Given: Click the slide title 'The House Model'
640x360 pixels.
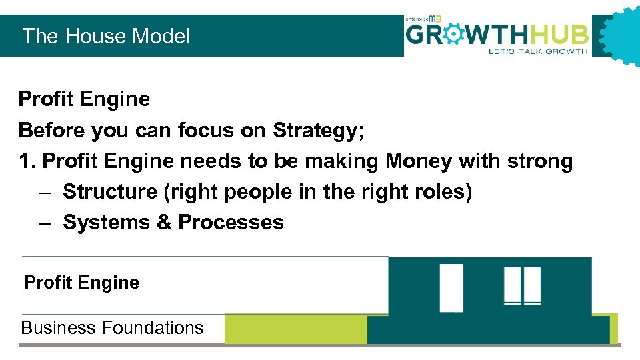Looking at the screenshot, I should tap(106, 36).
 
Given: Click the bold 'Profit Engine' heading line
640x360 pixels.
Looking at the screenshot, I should tap(84, 99).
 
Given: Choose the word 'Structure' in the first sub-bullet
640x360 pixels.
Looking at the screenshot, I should tap(109, 192).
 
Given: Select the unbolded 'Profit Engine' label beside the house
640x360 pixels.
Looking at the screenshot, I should tap(81, 283).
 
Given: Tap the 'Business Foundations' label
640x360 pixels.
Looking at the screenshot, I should tap(112, 328).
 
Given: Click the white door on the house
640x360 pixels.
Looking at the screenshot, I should tap(451, 287).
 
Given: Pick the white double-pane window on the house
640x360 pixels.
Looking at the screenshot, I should tap(522, 286).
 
